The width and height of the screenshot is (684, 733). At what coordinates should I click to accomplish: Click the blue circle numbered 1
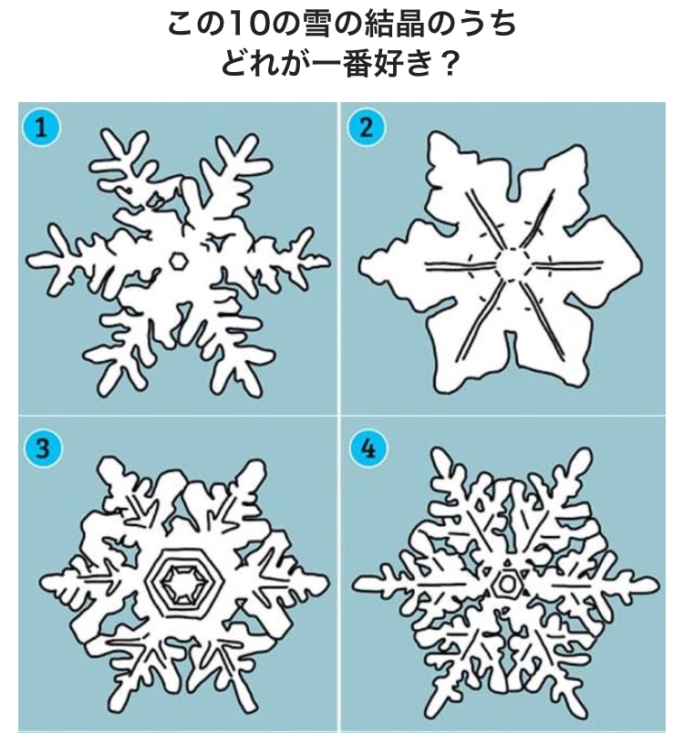point(42,127)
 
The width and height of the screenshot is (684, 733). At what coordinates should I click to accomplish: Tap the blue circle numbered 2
point(366,127)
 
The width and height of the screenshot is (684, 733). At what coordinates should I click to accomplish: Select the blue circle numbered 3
point(43,449)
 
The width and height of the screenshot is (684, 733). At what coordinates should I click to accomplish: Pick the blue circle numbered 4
point(368,449)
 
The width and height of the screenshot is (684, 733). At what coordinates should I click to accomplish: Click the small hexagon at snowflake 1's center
point(178,261)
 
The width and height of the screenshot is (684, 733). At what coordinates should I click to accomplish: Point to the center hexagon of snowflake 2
point(513,264)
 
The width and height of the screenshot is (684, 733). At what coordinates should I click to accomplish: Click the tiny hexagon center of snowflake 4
point(506,583)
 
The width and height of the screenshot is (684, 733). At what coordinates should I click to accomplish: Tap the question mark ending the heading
point(448,64)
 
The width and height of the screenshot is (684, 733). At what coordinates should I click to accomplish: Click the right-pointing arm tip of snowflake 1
point(327,259)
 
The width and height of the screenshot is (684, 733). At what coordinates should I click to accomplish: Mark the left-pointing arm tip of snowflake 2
point(361,265)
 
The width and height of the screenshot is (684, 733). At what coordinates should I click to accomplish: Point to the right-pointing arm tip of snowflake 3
point(326,583)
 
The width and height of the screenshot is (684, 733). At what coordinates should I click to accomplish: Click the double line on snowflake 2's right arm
point(567,265)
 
